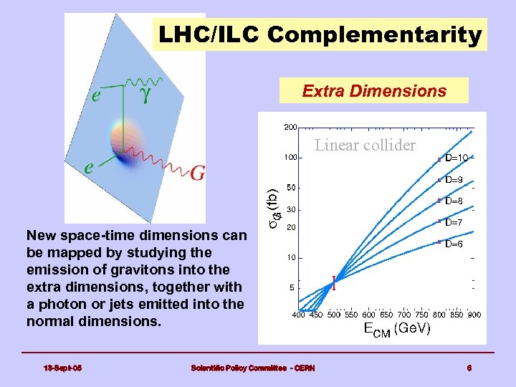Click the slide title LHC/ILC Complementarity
pyautogui.click(x=320, y=34)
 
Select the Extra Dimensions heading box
pyautogui.click(x=373, y=91)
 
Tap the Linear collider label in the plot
pyautogui.click(x=365, y=145)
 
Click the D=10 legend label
pyautogui.click(x=457, y=158)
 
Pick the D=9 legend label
pyautogui.click(x=454, y=180)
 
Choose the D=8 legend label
pyautogui.click(x=454, y=201)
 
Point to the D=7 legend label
pyautogui.click(x=454, y=223)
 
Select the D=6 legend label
pyautogui.click(x=454, y=244)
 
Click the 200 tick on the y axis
pyautogui.click(x=290, y=128)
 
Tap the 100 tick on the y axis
pyautogui.click(x=290, y=157)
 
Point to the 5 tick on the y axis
pyautogui.click(x=290, y=288)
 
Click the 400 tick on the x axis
pyautogui.click(x=299, y=315)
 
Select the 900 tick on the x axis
pyautogui.click(x=474, y=315)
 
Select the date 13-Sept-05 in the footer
pyautogui.click(x=63, y=368)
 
